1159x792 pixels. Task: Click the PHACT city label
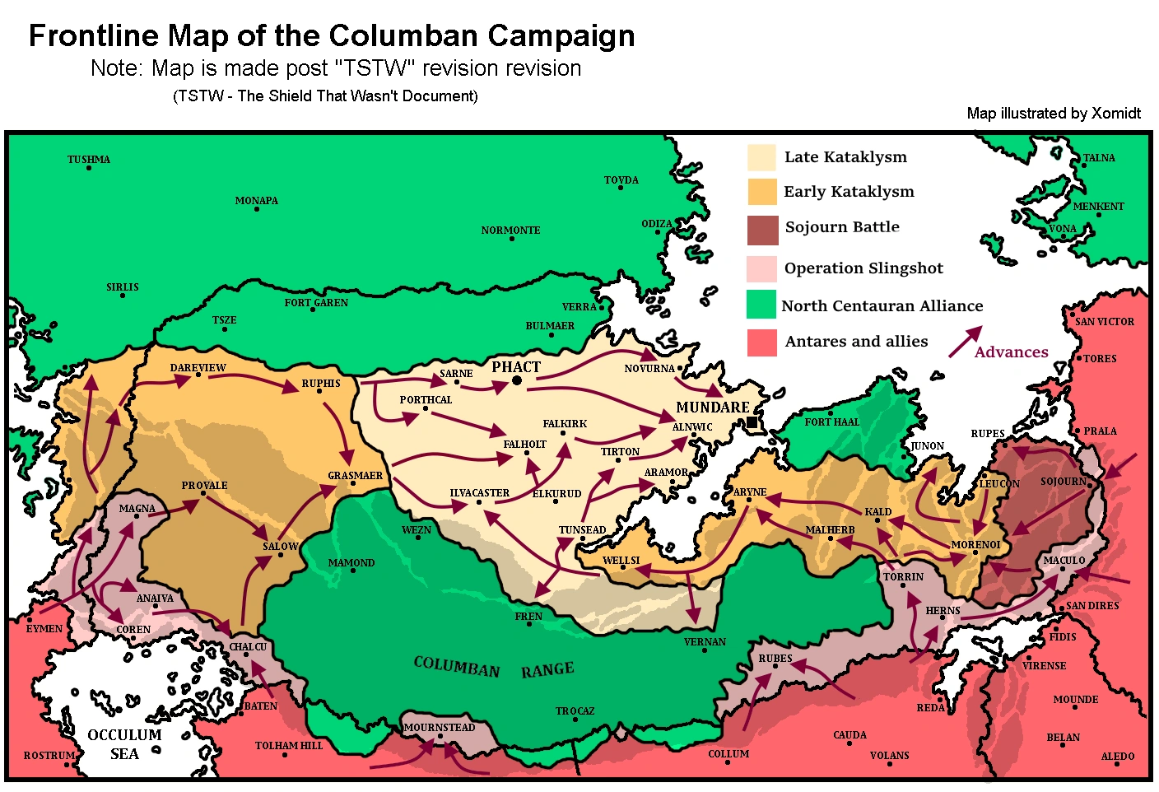point(516,367)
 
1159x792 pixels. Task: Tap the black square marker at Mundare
point(752,422)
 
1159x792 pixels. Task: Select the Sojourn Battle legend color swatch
point(762,231)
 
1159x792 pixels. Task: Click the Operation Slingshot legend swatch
point(762,268)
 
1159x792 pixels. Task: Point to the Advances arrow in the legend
point(966,342)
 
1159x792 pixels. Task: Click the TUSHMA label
point(89,160)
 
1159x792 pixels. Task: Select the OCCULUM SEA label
point(124,744)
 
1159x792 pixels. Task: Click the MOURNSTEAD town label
point(440,728)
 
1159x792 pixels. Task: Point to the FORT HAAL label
point(831,422)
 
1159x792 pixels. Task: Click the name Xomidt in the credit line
point(1115,114)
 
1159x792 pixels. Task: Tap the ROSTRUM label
point(49,756)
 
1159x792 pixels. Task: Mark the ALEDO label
point(1118,757)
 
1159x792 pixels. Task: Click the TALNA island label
point(1099,158)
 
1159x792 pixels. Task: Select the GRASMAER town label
point(355,476)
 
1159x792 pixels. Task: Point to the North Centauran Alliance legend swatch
point(761,304)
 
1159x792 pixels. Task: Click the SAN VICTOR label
point(1105,322)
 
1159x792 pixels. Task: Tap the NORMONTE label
point(510,231)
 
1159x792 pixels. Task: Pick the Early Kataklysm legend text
point(849,192)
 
